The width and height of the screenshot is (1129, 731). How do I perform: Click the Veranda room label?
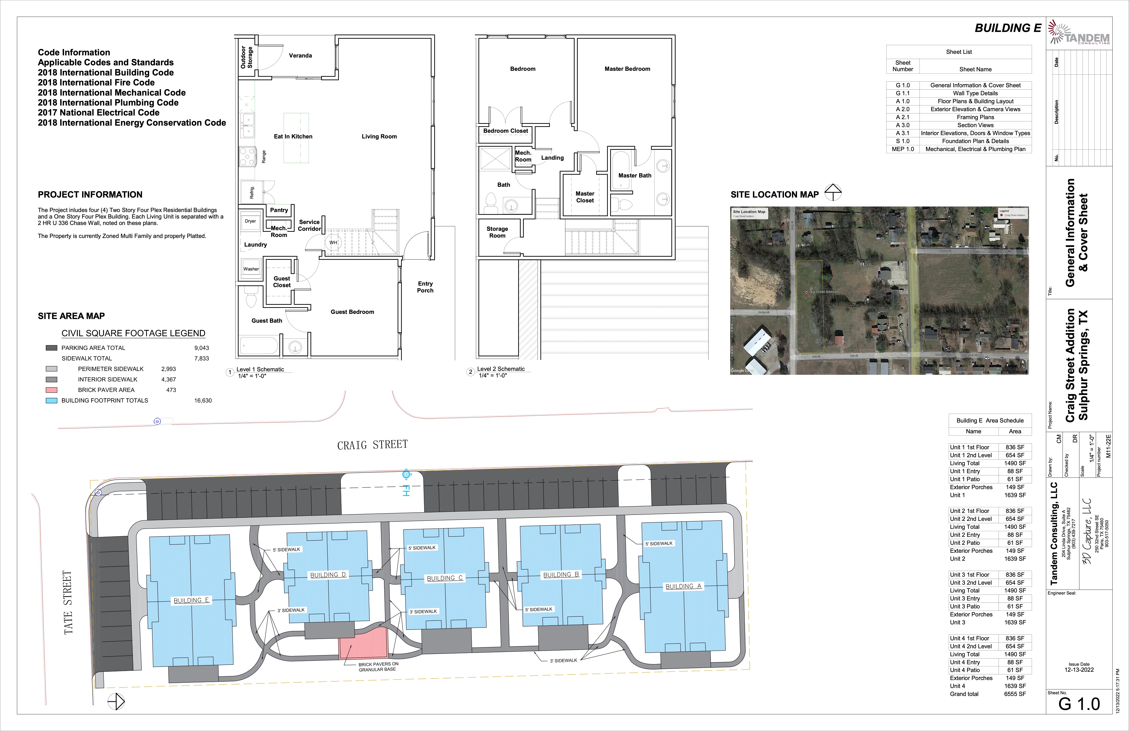(x=300, y=55)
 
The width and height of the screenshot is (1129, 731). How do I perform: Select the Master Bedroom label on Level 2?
(x=627, y=69)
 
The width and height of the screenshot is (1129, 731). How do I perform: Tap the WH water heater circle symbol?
(x=334, y=243)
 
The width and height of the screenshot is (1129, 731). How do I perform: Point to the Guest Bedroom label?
(x=352, y=312)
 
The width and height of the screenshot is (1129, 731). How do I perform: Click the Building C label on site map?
(x=444, y=578)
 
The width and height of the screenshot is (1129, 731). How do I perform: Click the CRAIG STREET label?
(x=372, y=445)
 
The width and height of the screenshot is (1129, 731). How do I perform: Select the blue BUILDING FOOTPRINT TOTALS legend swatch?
(x=51, y=401)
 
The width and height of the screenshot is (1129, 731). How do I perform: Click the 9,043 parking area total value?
(x=202, y=348)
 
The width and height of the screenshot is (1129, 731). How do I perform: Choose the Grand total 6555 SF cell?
(x=1015, y=694)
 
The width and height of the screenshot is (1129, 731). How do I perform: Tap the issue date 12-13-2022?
(x=1079, y=670)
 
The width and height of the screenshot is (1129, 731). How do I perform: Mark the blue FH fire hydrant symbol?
(x=406, y=475)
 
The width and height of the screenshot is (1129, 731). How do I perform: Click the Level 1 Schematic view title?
(x=260, y=369)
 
